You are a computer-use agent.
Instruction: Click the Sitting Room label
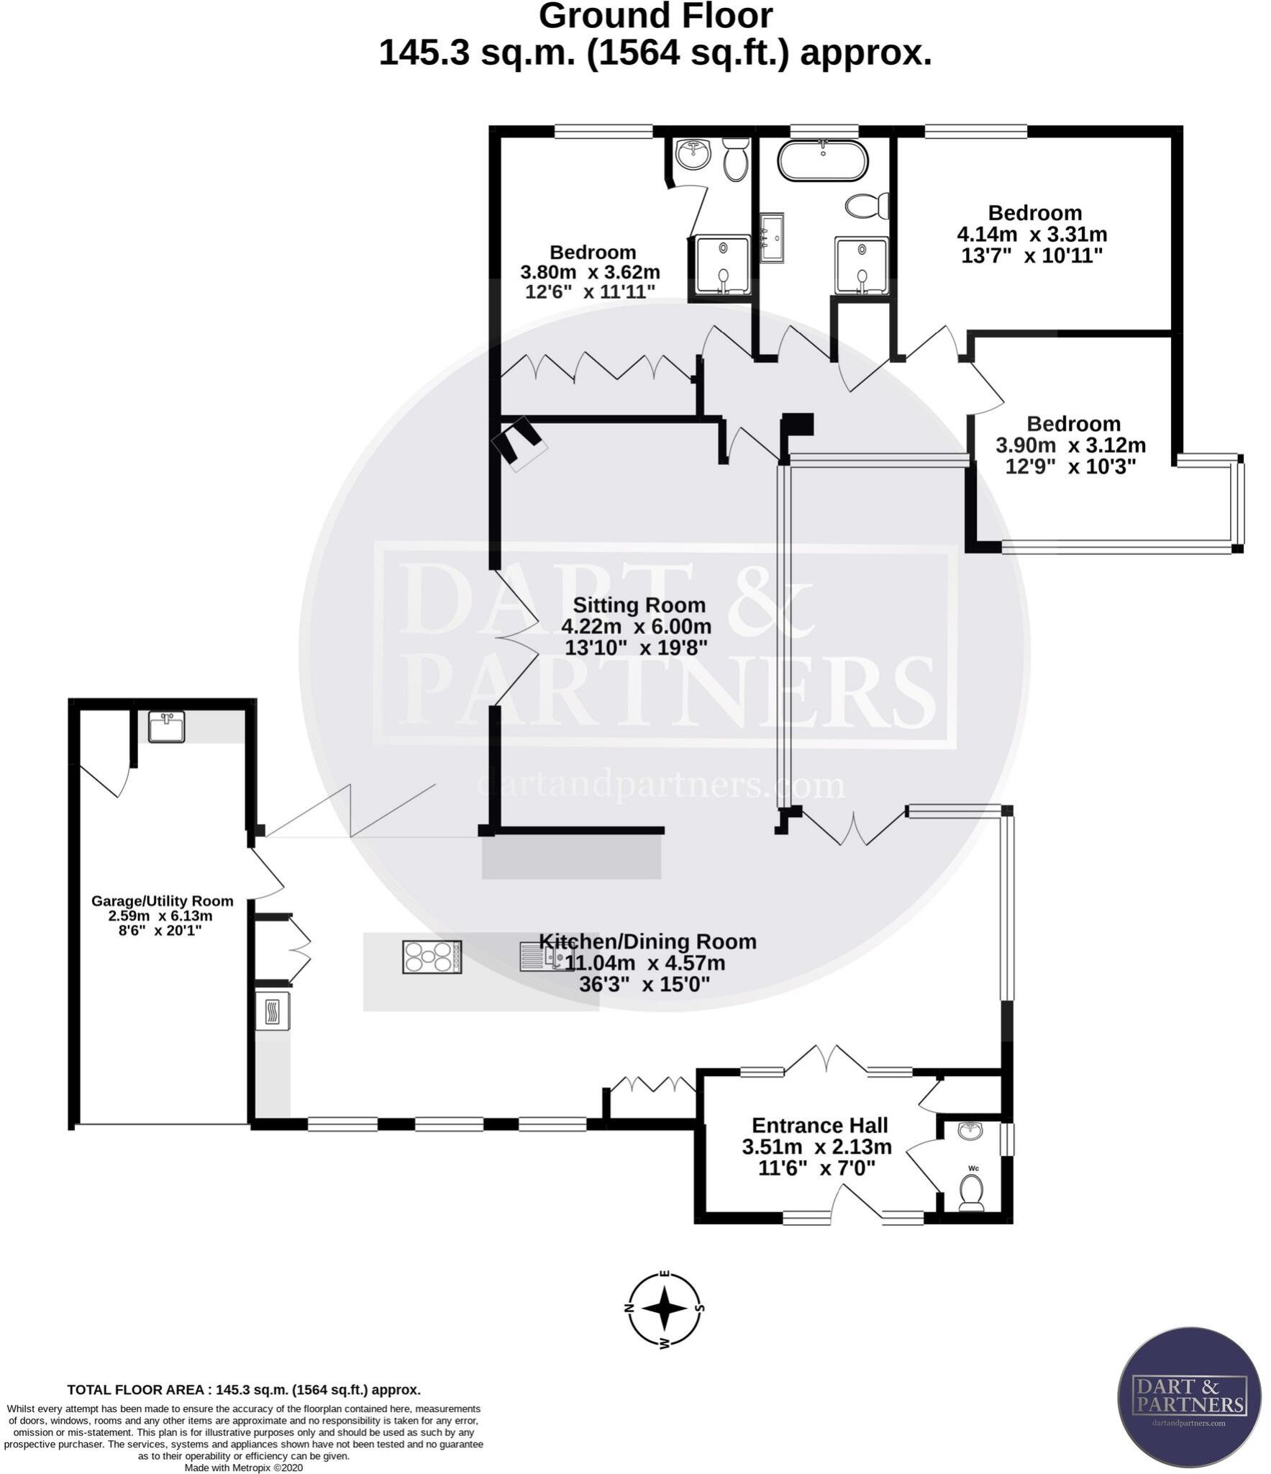(x=638, y=605)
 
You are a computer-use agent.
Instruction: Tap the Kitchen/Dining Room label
(x=647, y=941)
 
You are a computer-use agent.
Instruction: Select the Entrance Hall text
(x=819, y=1125)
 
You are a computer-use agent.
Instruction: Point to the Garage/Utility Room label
(x=163, y=901)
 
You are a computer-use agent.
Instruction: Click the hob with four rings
(x=432, y=957)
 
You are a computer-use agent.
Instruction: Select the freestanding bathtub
(x=821, y=160)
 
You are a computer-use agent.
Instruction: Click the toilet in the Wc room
(x=972, y=1193)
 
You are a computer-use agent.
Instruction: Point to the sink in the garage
(x=166, y=726)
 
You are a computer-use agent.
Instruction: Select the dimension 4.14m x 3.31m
(x=1031, y=235)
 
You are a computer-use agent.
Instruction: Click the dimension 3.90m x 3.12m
(x=1070, y=446)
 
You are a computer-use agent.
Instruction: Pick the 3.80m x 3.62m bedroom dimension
(x=590, y=273)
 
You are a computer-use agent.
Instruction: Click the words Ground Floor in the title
(x=655, y=16)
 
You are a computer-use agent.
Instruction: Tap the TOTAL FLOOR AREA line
(x=244, y=1390)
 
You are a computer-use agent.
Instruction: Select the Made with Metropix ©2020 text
(x=244, y=1468)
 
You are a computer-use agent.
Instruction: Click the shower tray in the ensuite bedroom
(x=723, y=266)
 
